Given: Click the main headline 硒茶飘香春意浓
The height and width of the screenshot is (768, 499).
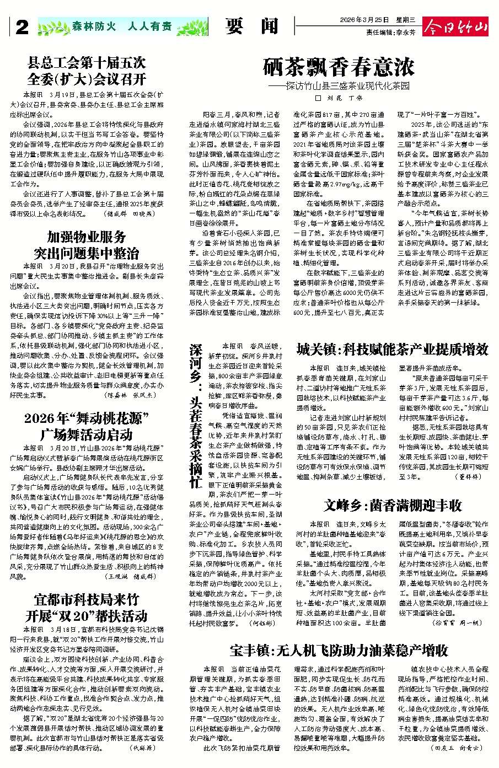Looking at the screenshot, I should tap(339, 68).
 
